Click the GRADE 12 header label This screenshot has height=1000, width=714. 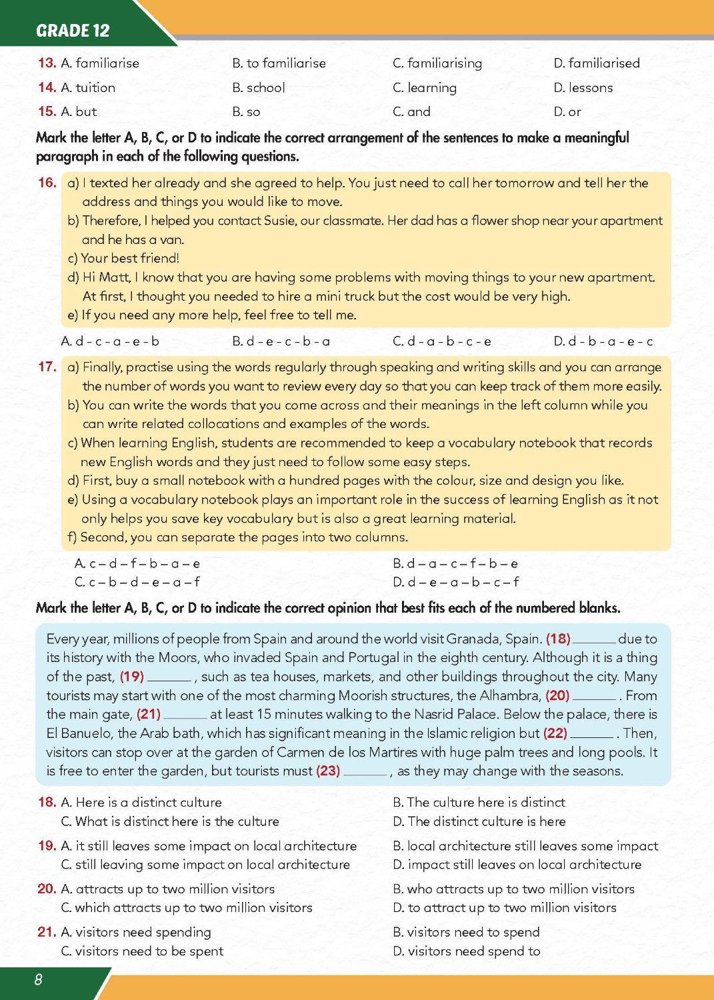tap(73, 31)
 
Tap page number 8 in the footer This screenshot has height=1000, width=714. tap(38, 979)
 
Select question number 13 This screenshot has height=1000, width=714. tap(47, 63)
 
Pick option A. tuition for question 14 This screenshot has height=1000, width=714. tap(88, 87)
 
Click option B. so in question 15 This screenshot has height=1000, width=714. tap(246, 112)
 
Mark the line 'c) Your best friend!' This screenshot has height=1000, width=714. tap(123, 258)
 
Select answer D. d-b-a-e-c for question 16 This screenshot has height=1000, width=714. tap(603, 341)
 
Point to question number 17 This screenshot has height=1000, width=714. tap(47, 367)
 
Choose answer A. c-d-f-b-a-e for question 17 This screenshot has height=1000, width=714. tap(137, 563)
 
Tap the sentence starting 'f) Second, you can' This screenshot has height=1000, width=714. tap(238, 537)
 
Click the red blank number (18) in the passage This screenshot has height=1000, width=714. tap(558, 639)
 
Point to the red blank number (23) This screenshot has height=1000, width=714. tap(328, 771)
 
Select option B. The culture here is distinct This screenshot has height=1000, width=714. tap(479, 802)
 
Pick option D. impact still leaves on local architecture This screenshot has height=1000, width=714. tap(517, 865)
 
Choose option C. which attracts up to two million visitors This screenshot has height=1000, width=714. tap(187, 907)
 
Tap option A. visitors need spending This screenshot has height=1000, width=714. tap(136, 932)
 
